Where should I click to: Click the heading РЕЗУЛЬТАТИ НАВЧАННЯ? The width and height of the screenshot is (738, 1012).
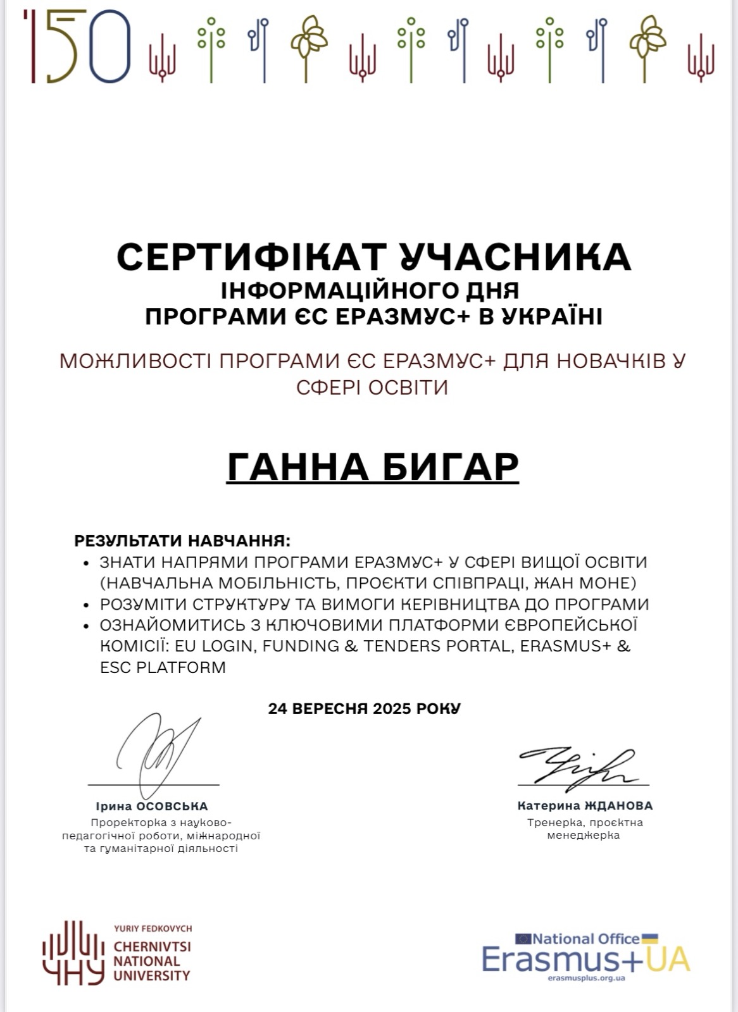click(x=182, y=541)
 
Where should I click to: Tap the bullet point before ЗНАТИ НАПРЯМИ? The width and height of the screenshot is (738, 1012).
click(x=86, y=563)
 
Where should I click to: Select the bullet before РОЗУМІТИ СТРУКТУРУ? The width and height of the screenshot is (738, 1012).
click(x=86, y=605)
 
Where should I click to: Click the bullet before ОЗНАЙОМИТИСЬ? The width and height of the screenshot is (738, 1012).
click(x=86, y=626)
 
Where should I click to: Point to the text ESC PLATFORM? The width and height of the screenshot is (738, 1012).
click(x=163, y=667)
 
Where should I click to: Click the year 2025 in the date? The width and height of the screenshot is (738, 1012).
click(x=391, y=708)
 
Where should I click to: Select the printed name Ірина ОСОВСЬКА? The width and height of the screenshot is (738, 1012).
click(x=152, y=806)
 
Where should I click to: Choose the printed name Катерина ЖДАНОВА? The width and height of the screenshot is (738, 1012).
click(x=585, y=806)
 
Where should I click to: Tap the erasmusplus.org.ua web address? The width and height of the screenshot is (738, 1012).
click(x=587, y=978)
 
